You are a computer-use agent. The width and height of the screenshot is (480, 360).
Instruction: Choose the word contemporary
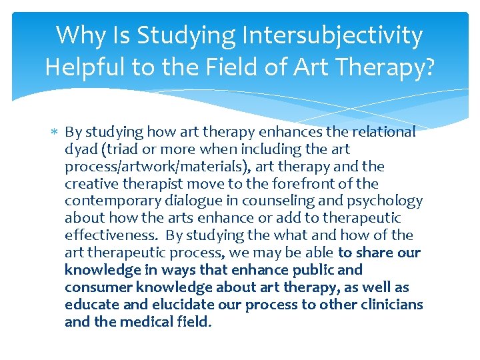coord(109,201)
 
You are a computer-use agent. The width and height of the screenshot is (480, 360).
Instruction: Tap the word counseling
coord(266,201)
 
